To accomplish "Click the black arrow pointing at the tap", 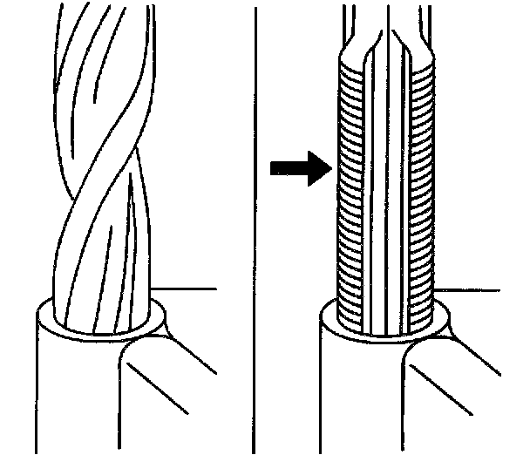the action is coord(299,167).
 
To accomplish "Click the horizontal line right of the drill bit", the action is coord(187,289).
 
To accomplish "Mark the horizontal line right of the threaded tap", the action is coord(475,289).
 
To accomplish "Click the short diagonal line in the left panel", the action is coord(166,384).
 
